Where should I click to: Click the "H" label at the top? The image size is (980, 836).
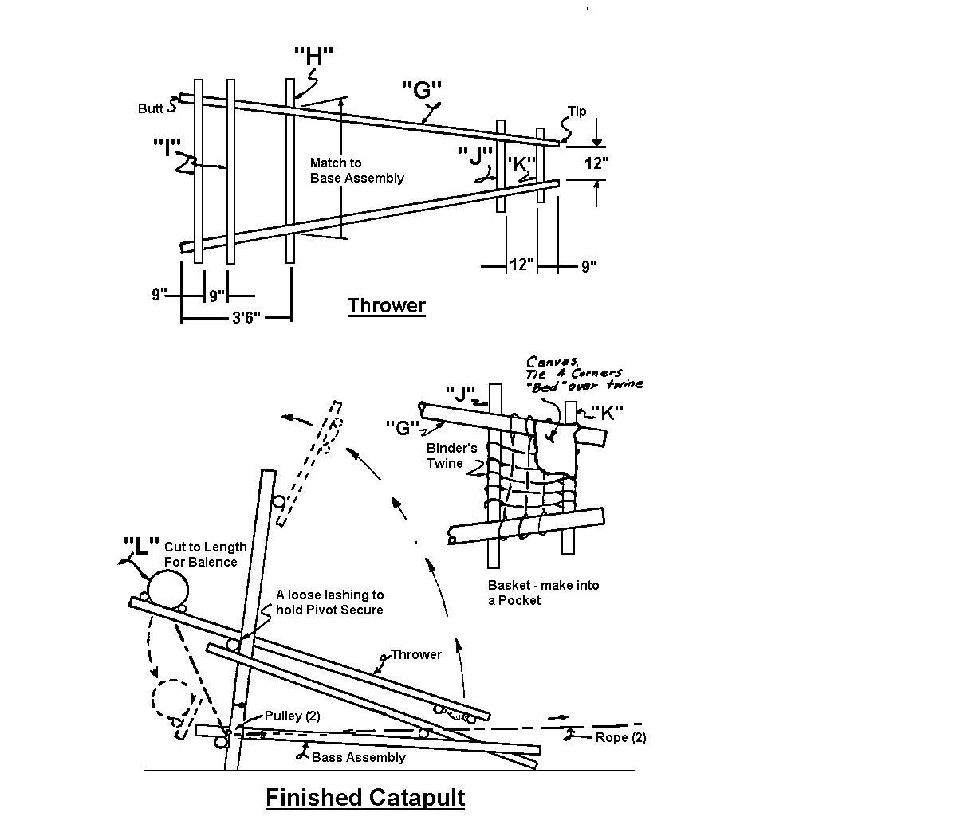coord(313,56)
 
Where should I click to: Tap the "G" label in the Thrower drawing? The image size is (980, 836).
coord(421,88)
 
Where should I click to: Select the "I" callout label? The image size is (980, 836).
coord(167,147)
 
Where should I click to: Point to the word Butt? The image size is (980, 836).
coord(150,108)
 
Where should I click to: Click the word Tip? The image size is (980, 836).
coord(577,111)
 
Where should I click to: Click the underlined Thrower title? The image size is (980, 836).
coord(387,306)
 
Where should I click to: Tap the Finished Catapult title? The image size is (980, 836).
coord(365,797)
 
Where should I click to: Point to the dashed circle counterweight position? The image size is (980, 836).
coord(172,699)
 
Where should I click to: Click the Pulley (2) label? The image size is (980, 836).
coord(292,716)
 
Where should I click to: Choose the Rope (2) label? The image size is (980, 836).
coord(620,737)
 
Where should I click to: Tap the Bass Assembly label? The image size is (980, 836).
coord(358,757)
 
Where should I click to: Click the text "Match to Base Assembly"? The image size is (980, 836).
coord(356,171)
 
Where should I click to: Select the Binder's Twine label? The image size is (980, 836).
coord(451,456)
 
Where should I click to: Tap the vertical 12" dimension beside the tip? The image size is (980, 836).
coord(596,164)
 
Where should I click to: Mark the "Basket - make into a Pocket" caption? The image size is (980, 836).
coord(543,592)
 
